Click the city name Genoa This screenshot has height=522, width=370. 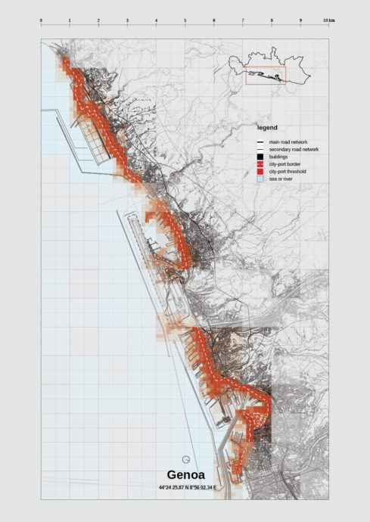(x=185, y=476)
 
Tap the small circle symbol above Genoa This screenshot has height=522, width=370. (x=185, y=458)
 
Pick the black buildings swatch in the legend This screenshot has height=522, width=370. (x=260, y=157)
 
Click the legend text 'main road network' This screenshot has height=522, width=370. (x=288, y=142)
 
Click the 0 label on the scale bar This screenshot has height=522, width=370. (x=41, y=20)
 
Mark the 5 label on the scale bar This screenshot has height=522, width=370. (x=185, y=20)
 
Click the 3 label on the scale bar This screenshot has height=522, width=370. (x=127, y=20)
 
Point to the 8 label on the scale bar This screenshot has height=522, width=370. (x=272, y=20)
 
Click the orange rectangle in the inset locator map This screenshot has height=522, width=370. (x=266, y=76)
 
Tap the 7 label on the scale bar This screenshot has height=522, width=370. (x=243, y=20)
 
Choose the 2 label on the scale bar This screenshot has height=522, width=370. (x=98, y=20)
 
